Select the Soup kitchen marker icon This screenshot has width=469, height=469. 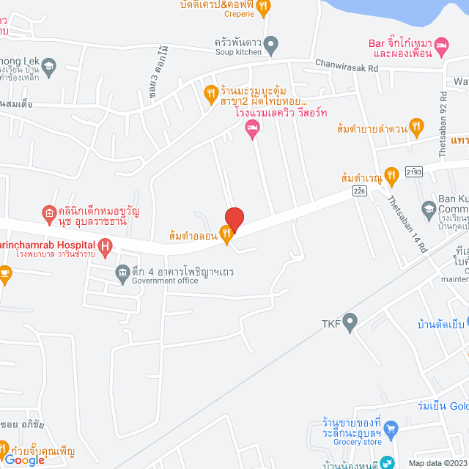coord(270,46)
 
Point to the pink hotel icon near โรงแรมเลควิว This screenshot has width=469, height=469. coord(251,129)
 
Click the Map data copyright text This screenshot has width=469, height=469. coord(437,462)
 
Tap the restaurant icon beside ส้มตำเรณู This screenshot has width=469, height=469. coord(391,175)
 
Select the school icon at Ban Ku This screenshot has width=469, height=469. coord(430,207)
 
